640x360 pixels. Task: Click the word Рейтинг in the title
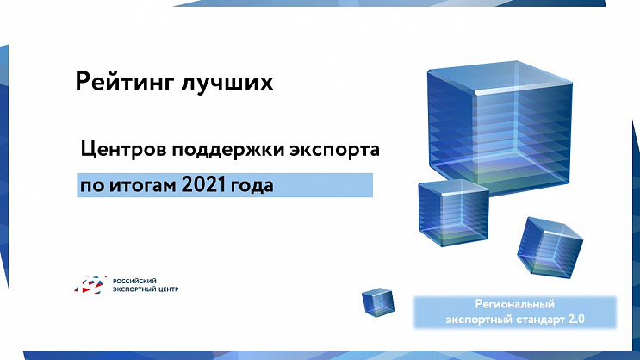click(x=123, y=83)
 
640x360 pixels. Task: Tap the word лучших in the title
click(x=226, y=83)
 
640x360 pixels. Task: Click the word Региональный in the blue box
click(x=514, y=305)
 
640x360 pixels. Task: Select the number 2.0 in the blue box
click(x=575, y=319)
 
